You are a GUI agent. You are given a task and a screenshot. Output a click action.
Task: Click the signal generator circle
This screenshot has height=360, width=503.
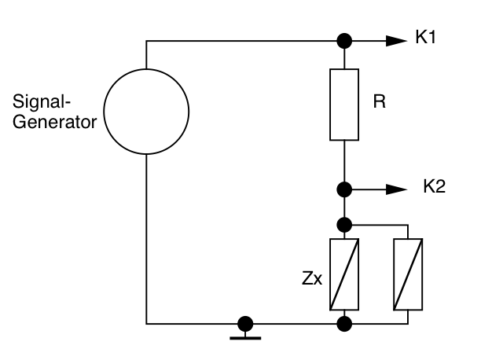[146, 111]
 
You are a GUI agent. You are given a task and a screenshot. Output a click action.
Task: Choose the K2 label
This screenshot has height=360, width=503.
[435, 188]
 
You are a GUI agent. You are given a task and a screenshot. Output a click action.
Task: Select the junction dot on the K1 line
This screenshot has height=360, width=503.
[343, 40]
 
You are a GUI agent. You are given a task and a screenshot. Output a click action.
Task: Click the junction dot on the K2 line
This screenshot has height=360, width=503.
[343, 189]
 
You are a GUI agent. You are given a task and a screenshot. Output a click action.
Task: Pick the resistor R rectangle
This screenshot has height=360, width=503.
[343, 104]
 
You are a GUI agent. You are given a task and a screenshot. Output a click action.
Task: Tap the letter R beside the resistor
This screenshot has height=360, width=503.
[379, 103]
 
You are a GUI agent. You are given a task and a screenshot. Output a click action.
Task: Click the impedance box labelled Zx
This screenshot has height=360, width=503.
[343, 274]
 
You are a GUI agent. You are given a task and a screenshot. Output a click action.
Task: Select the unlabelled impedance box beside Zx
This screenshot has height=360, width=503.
[409, 274]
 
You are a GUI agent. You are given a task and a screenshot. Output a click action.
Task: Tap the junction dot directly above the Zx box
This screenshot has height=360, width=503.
[343, 224]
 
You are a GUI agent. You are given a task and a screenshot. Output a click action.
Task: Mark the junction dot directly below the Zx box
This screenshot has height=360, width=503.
[343, 322]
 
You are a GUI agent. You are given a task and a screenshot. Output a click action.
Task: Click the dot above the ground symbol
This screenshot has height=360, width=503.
[245, 322]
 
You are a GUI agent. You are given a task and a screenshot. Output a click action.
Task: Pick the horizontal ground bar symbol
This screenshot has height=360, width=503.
[245, 337]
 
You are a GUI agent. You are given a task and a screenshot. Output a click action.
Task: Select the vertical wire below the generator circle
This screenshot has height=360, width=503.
[146, 236]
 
